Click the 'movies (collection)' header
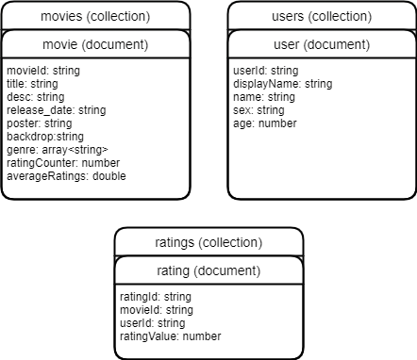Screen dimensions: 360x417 point(95,17)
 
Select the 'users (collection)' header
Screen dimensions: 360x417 point(322,17)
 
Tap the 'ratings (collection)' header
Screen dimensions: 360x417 point(208,243)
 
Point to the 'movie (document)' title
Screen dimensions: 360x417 point(95,44)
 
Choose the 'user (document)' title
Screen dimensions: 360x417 point(322,44)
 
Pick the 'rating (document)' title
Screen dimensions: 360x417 point(208,270)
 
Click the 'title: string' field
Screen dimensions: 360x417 point(32,84)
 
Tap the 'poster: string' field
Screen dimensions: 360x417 point(39,123)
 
